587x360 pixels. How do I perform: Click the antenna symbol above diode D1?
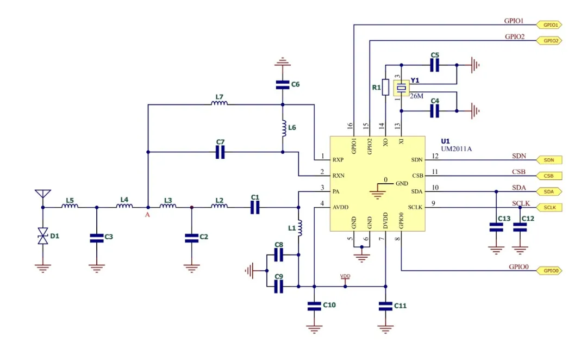pos(42,194)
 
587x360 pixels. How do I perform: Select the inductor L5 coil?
pos(70,207)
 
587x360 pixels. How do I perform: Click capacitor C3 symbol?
pos(96,237)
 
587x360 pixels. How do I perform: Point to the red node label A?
pos(147,215)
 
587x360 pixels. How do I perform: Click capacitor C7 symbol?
pos(220,153)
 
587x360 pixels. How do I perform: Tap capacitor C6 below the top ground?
pos(282,84)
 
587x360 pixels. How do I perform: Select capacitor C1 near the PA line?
pos(255,207)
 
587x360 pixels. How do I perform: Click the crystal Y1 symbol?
pos(401,88)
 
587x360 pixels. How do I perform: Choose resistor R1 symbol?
pos(385,87)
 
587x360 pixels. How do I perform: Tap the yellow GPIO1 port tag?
pos(549,24)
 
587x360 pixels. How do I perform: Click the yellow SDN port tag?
pos(549,160)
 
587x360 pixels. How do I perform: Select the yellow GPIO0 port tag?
pos(549,270)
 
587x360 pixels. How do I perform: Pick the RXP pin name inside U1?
pos(338,160)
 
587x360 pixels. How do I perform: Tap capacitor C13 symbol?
pos(496,228)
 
